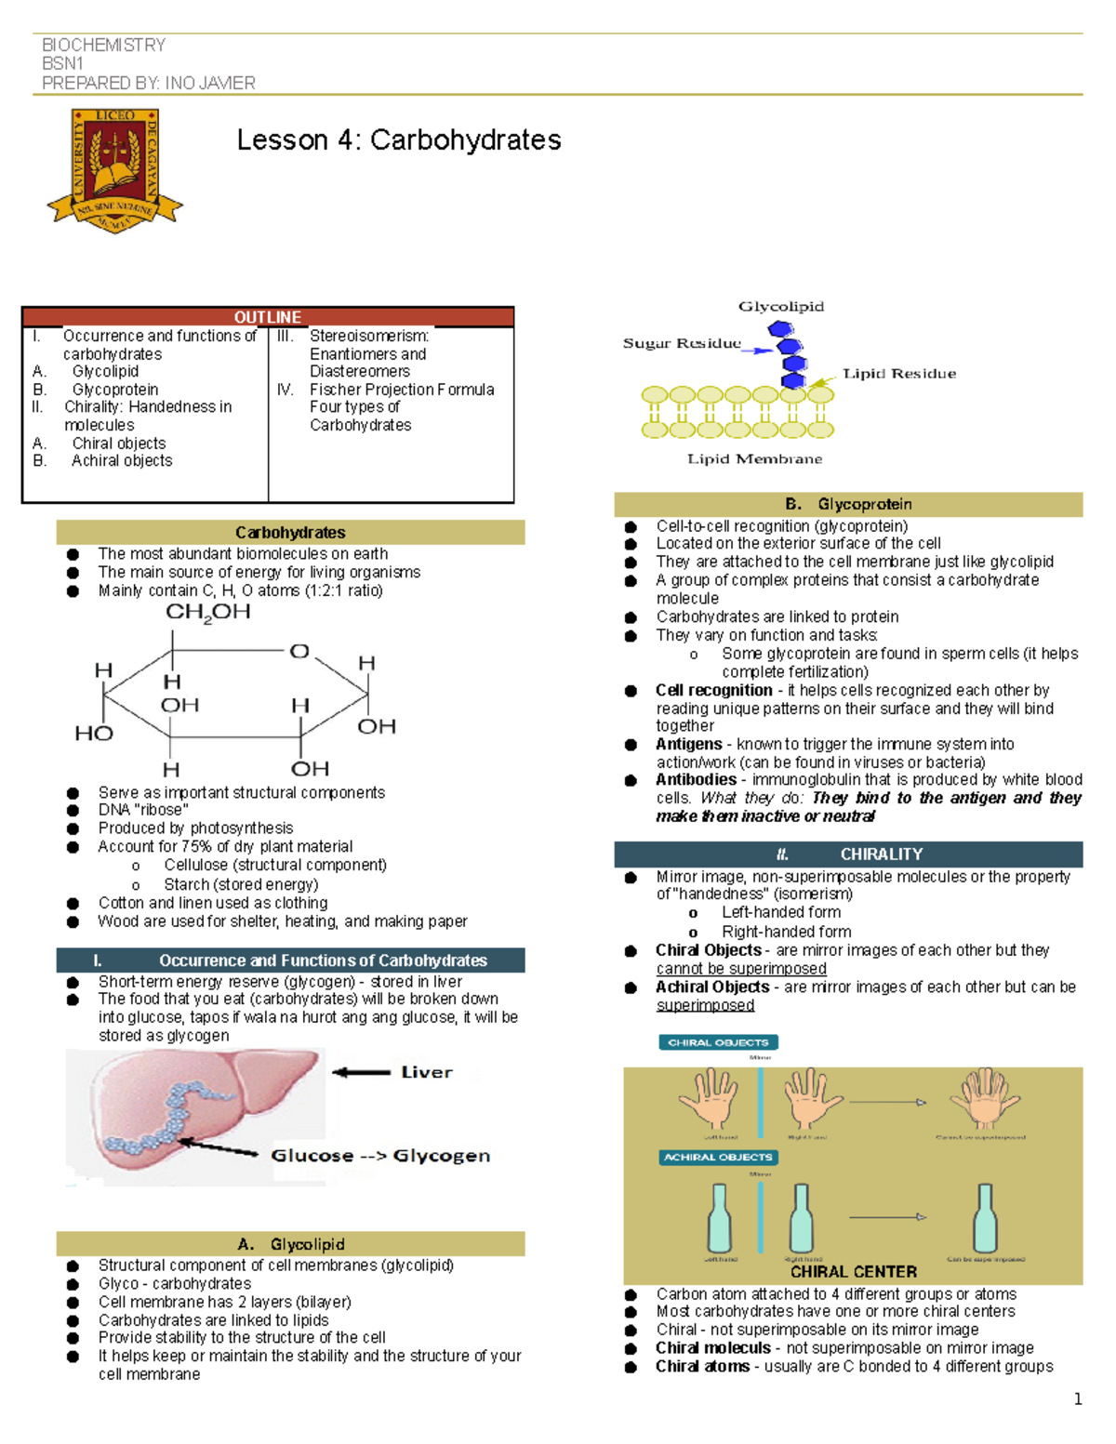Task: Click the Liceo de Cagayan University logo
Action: (115, 170)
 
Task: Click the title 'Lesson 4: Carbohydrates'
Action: (399, 140)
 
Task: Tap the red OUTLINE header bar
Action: (268, 317)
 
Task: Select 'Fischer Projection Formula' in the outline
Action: (402, 390)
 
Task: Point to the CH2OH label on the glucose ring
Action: (207, 612)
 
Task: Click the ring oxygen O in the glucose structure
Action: (299, 651)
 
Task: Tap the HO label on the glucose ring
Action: (93, 734)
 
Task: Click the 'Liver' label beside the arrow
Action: (427, 1072)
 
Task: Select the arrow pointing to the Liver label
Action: (361, 1072)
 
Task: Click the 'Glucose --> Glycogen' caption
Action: (379, 1156)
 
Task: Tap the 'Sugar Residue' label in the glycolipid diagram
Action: (682, 343)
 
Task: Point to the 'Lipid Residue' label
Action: (898, 374)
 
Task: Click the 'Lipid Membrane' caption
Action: (754, 458)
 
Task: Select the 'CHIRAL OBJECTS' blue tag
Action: (718, 1042)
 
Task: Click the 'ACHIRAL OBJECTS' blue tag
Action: (718, 1158)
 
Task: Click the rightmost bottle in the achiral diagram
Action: (985, 1217)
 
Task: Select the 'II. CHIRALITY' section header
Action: (848, 854)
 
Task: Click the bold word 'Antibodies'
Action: (696, 780)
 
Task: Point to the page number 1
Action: (1078, 1399)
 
